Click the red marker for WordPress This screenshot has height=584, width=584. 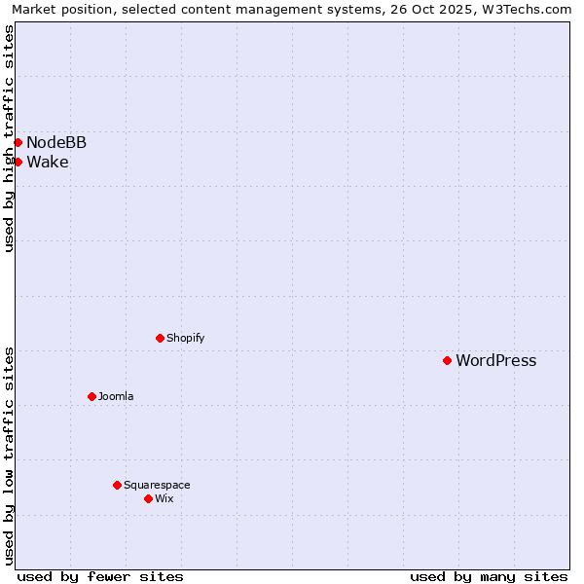coord(447,360)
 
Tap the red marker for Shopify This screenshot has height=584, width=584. coord(160,338)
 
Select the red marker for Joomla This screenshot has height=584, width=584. coord(91,396)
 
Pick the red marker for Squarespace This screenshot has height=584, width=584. coord(117,485)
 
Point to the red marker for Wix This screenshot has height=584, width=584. coord(148,498)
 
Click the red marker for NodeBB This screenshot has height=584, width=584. coord(18,142)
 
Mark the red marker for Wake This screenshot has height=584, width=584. coord(18,162)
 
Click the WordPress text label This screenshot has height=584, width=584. coord(495,361)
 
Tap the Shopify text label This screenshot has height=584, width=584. coord(185,338)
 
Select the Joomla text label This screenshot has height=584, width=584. coord(116,396)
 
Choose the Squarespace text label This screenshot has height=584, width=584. coord(157,485)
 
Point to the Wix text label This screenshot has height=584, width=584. coord(164,498)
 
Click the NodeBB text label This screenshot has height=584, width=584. coord(56,143)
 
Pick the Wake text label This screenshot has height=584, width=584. coord(48,163)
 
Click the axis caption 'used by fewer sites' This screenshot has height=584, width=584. coord(100,576)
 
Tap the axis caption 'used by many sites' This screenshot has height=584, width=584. coord(489,576)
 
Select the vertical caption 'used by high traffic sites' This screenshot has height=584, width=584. coord(9,138)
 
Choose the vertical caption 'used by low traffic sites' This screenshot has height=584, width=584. coord(9,456)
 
